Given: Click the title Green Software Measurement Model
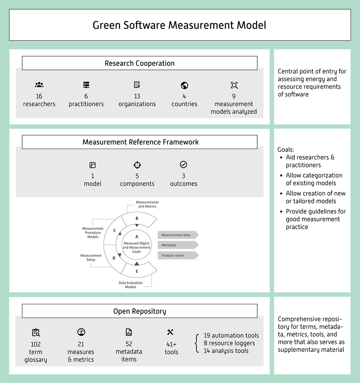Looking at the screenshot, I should point(179,25).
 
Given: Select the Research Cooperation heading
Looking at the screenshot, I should point(140,64).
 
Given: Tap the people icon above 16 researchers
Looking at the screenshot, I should point(39,85).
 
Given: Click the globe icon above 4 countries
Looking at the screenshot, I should point(184,85).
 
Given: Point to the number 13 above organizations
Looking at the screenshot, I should point(137,96).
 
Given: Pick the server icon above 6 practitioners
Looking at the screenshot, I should point(86,85).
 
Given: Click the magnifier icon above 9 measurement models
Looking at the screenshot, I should point(234,85).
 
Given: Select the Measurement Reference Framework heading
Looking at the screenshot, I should point(140,142).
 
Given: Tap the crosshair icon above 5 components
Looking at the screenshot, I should point(137,165).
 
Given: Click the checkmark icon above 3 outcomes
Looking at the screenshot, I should point(183,164).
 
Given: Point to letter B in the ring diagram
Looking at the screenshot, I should point(137,219).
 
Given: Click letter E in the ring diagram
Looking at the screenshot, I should point(137,271).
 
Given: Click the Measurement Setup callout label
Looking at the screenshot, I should point(91,257).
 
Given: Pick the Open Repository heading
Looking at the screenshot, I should point(140,311).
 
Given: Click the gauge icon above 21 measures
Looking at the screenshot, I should point(81,332).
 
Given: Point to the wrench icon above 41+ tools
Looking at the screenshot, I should point(170,332).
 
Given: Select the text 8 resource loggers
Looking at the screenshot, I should point(229,343).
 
